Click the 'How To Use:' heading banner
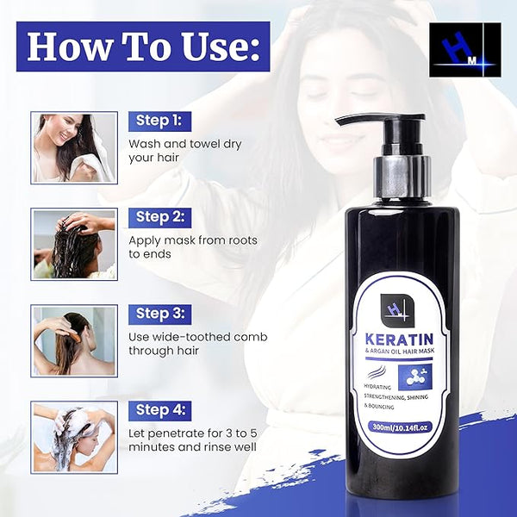click(x=143, y=47)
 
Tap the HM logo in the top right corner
click(x=465, y=50)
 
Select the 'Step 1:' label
click(x=159, y=121)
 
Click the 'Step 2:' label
click(x=159, y=218)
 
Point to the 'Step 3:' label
click(x=159, y=315)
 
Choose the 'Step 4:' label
click(x=159, y=411)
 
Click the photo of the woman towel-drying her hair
click(x=74, y=147)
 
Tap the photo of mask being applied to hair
click(x=74, y=245)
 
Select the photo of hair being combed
click(x=74, y=341)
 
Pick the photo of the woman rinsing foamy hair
click(x=74, y=438)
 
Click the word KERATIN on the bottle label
click(x=399, y=339)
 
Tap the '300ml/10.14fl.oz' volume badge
click(x=400, y=427)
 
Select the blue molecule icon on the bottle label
click(x=414, y=377)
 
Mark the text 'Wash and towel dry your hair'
click(x=184, y=151)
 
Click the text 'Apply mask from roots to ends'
click(x=193, y=247)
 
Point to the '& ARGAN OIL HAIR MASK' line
click(x=400, y=352)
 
